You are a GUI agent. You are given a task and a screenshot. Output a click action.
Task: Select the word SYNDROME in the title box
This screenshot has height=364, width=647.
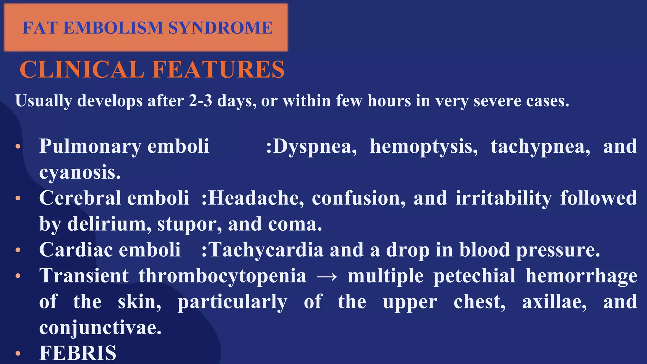pyautogui.click(x=220, y=28)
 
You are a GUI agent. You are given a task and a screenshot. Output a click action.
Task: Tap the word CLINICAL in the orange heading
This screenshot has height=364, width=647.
pyautogui.click(x=82, y=70)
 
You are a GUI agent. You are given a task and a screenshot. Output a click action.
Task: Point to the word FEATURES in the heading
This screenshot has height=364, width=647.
pyautogui.click(x=218, y=70)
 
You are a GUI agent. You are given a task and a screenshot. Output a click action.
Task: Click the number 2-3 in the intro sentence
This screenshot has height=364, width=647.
pyautogui.click(x=201, y=101)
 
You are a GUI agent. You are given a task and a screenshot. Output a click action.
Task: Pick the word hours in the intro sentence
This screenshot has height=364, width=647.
pyautogui.click(x=389, y=101)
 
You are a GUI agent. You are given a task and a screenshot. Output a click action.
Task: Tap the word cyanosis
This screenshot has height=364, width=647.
pyautogui.click(x=80, y=173)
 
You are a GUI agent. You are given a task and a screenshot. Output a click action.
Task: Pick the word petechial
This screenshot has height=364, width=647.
pyautogui.click(x=474, y=276)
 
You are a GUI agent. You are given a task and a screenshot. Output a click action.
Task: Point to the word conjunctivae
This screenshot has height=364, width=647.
pyautogui.click(x=100, y=328)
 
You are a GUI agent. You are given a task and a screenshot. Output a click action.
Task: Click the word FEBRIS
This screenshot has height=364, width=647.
pyautogui.click(x=78, y=353)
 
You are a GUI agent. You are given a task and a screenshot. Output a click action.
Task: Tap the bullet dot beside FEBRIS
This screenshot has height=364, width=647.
pyautogui.click(x=18, y=354)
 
